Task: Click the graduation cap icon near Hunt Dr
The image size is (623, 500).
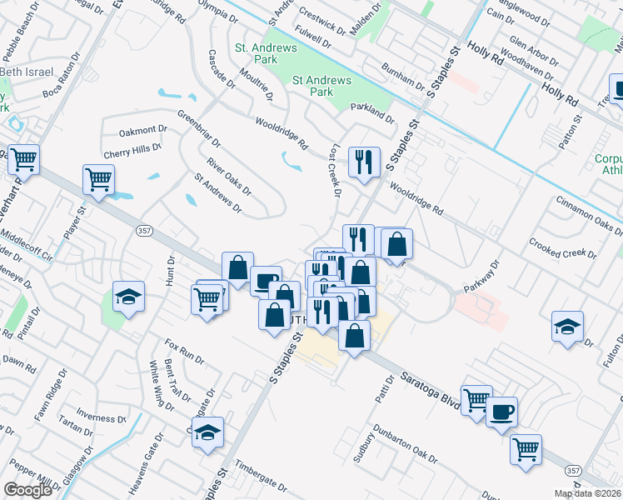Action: coord(128,297)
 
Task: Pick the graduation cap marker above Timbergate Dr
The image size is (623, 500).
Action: coord(208,432)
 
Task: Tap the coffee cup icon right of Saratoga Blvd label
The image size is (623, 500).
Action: coord(501,412)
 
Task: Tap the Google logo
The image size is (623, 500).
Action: coord(28,490)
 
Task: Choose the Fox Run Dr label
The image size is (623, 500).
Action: coord(184,350)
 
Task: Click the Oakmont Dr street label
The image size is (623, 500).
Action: coord(143,131)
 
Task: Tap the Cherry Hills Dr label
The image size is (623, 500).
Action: coord(132,151)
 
